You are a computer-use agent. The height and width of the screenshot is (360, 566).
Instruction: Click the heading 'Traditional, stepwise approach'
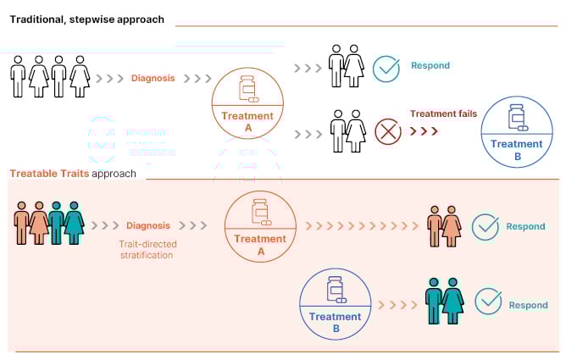[86, 19]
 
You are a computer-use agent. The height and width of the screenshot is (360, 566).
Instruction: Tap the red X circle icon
[387, 132]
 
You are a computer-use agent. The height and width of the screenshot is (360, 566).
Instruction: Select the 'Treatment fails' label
[443, 114]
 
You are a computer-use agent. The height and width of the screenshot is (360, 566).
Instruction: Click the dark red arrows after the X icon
[424, 131]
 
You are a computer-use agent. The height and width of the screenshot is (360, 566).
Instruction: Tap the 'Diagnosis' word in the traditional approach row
[153, 79]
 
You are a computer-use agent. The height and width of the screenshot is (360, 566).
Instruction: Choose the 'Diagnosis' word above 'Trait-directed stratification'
[148, 226]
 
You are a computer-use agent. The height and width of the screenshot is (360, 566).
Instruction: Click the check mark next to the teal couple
[487, 302]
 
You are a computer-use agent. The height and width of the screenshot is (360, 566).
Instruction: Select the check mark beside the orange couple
[485, 226]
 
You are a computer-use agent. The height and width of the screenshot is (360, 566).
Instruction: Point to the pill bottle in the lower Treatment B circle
[335, 290]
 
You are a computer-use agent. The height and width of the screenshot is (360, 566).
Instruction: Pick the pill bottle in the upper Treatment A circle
[247, 89]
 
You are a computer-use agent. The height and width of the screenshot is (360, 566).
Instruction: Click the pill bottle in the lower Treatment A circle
[260, 212]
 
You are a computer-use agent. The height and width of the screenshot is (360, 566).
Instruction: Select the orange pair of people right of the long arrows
[444, 226]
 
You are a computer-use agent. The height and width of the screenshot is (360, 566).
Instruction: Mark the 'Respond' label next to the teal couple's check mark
[530, 305]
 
